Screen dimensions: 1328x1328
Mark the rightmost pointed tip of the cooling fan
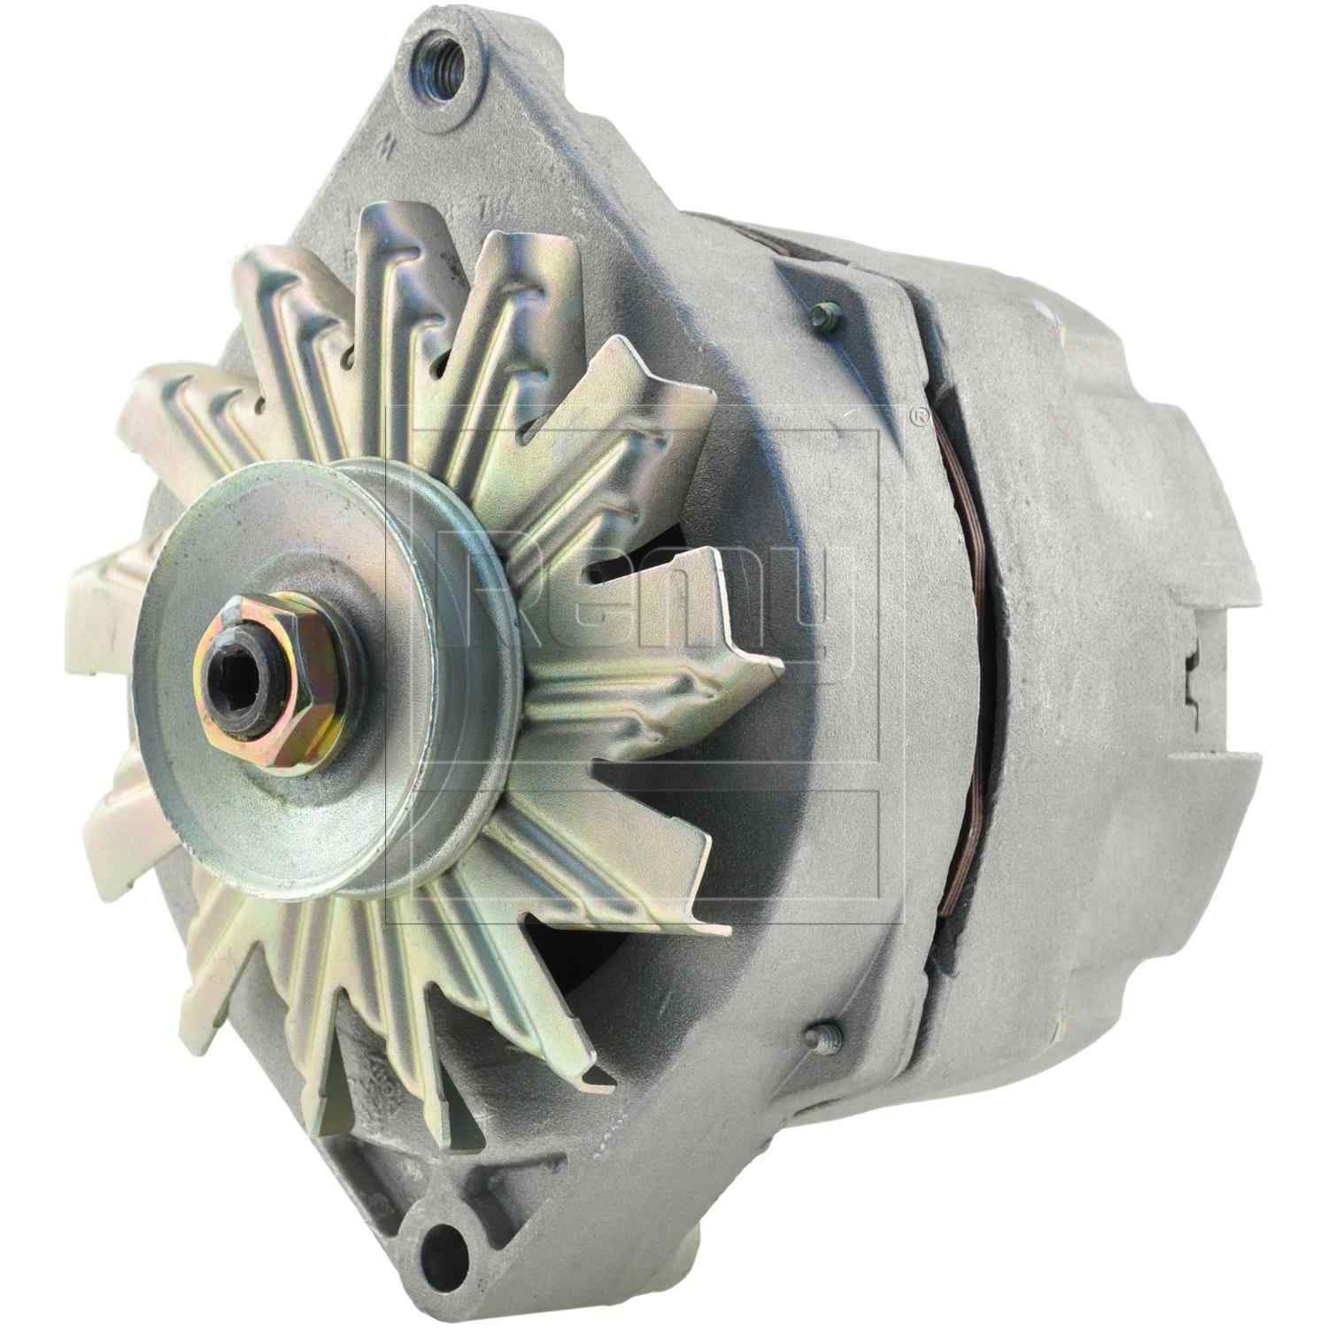[x=779, y=660]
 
